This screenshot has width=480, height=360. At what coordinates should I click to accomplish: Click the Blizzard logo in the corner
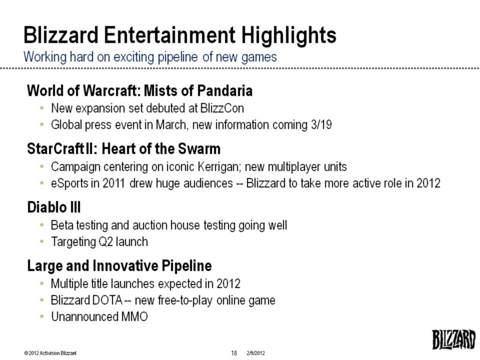tap(454, 339)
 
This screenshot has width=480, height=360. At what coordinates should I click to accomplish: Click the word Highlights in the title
tap(289, 36)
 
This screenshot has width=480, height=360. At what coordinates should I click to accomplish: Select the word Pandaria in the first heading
tap(225, 91)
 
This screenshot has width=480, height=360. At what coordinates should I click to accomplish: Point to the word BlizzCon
tap(222, 109)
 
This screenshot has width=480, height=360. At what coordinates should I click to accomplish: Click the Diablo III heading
tap(54, 207)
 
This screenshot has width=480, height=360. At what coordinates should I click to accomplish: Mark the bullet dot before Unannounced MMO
tap(42, 317)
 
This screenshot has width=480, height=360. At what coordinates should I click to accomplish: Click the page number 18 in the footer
tap(234, 353)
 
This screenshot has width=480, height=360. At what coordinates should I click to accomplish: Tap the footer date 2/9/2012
tap(255, 353)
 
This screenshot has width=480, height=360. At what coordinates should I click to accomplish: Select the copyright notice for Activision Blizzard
tap(50, 353)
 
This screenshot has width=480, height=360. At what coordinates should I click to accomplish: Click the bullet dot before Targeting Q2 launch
tap(42, 242)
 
